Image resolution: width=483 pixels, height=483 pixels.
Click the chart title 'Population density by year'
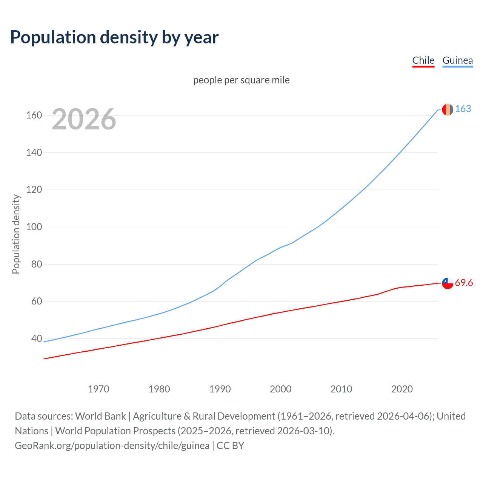[x=114, y=37]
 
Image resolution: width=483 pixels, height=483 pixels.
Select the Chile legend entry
[x=423, y=60]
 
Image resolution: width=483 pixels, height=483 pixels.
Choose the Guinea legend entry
[x=457, y=60]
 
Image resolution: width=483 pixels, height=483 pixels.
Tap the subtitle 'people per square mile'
[x=241, y=80]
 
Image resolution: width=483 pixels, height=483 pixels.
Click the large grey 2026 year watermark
[x=84, y=119]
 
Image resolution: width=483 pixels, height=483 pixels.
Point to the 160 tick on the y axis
[x=34, y=115]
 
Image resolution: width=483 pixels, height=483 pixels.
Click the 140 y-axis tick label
[x=34, y=152]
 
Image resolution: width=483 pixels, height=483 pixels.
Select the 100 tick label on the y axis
[x=34, y=227]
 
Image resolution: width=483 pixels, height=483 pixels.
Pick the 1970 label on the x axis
[x=98, y=389]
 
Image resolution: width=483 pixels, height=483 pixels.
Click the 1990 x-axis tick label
[x=220, y=389]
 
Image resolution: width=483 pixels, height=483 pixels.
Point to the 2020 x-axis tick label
[x=402, y=389]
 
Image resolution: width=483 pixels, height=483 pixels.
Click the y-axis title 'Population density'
[x=16, y=234]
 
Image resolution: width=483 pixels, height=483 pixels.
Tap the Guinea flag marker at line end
[x=448, y=109]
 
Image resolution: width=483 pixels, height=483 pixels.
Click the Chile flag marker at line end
[x=448, y=283]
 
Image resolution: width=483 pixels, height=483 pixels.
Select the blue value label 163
[x=463, y=109]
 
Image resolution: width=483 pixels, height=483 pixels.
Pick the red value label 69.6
[x=464, y=283]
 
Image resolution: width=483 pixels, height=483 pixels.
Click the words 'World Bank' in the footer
[x=100, y=416]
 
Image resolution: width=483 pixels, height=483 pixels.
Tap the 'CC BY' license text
[x=231, y=446]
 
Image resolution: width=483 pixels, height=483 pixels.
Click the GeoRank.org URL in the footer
[x=112, y=446]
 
